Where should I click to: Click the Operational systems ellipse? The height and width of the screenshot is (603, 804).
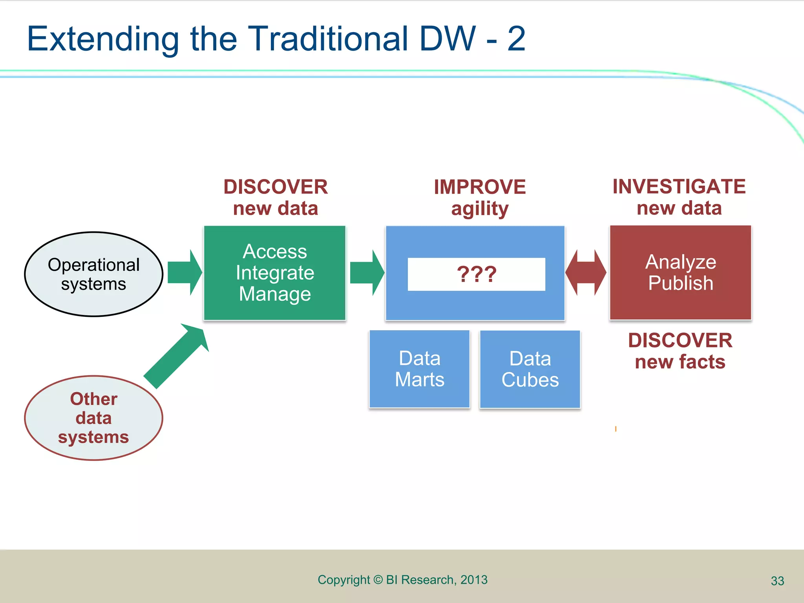pos(93,274)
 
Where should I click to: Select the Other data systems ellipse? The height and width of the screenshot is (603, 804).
pos(93,418)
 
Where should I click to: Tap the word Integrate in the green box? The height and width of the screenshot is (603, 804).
pos(275,273)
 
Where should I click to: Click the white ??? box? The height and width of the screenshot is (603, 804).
pos(476,274)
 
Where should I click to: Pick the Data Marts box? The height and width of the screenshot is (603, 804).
pos(419,369)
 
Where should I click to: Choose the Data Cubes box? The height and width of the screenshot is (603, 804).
pos(530,369)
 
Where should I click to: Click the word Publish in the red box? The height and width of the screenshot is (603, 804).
pos(680,283)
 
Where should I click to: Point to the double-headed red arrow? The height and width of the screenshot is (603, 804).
pos(586,272)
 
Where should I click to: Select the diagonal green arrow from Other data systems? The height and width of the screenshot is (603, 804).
pos(177,355)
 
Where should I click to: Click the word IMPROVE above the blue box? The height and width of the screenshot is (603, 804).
pos(480,187)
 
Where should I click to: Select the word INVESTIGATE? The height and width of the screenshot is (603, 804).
pos(679,186)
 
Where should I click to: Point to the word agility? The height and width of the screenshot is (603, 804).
pos(480,209)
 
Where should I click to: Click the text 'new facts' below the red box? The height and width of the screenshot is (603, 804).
pos(680,362)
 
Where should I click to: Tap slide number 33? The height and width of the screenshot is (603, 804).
pos(777,581)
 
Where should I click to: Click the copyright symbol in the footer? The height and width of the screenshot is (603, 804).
pos(378,580)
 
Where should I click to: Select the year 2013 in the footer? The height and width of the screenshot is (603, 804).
pos(474,580)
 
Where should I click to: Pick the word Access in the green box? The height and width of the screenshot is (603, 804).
pos(275,252)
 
